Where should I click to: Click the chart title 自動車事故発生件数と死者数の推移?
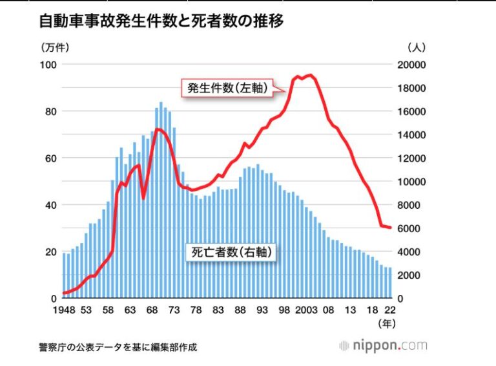click(x=161, y=21)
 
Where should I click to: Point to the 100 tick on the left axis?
click(x=50, y=65)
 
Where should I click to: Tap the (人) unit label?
click(x=415, y=47)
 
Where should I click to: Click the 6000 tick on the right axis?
click(x=409, y=228)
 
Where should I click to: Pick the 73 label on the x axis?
click(x=174, y=310)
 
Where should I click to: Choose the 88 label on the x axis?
click(x=240, y=310)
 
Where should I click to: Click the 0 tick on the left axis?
click(x=54, y=299)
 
